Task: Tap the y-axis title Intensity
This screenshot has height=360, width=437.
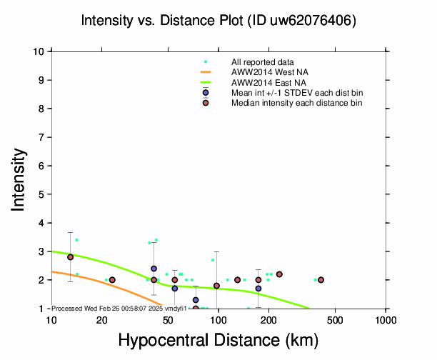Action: click(19, 179)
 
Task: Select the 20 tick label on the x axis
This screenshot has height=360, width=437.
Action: click(101, 319)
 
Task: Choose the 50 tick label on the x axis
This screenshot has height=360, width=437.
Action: click(168, 319)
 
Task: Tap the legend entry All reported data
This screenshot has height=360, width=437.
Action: click(262, 62)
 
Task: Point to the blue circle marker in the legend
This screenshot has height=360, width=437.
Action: click(206, 93)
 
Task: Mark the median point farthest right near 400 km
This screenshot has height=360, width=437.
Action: click(321, 280)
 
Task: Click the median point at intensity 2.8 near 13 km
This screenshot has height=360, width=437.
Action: click(70, 257)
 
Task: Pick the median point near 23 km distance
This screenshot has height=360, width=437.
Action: click(112, 280)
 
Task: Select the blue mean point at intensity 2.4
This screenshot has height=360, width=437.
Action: click(154, 269)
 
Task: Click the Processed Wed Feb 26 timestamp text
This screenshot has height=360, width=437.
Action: click(119, 308)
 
